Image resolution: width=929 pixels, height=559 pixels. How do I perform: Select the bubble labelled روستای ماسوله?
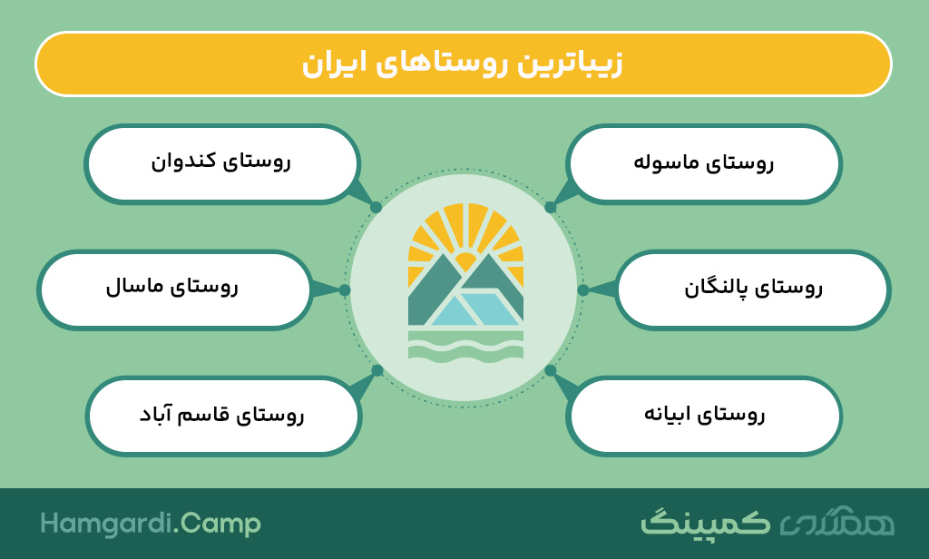703,164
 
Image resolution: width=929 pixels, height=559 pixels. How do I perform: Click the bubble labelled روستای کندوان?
222,164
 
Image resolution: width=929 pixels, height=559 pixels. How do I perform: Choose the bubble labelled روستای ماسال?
174,289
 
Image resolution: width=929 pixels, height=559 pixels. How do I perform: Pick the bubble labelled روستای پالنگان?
753,289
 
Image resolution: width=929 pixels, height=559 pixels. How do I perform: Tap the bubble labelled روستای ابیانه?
703,416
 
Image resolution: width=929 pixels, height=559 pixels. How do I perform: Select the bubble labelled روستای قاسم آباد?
223,416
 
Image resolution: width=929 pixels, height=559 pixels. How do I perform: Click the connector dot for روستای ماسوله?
551,208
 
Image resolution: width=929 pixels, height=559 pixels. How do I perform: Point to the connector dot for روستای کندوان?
376,208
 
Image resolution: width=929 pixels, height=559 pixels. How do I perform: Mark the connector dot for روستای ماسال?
345,289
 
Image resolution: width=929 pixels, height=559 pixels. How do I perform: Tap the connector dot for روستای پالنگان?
583,289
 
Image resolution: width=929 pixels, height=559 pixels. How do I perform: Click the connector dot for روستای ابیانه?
551,370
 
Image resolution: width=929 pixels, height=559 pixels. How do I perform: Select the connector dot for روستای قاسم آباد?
376,370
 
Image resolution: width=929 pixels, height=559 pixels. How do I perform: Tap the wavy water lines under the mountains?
465,346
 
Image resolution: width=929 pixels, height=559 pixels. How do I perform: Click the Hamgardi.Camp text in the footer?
151,525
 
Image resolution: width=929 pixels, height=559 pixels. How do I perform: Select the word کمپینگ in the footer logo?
705,523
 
